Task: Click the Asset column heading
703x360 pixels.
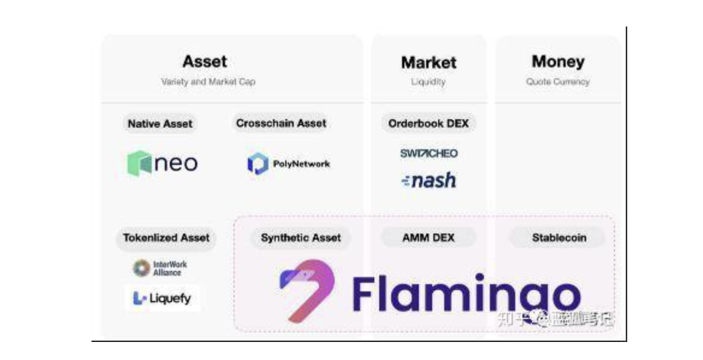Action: (x=205, y=61)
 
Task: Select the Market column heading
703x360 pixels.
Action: (x=429, y=62)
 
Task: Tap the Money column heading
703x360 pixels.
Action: (x=558, y=61)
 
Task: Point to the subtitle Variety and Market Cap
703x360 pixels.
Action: (x=208, y=82)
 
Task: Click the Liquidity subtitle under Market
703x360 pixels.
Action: (x=428, y=82)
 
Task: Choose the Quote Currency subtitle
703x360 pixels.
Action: (x=558, y=82)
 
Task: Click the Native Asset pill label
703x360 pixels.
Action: (x=160, y=124)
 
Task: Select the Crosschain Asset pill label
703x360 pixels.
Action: (x=281, y=123)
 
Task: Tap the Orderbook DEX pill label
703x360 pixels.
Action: (x=429, y=123)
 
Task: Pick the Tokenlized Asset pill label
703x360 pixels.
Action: (x=166, y=238)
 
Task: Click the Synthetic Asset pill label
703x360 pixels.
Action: (x=301, y=238)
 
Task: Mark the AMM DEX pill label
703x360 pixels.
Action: (x=428, y=238)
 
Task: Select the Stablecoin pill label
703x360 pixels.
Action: (x=559, y=238)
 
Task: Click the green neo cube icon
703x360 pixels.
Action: (x=139, y=163)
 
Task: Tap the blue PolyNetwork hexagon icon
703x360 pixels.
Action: (x=258, y=164)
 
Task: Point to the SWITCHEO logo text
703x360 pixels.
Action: (x=429, y=154)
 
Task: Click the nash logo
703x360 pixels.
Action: (x=429, y=180)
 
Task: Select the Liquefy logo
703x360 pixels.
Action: (x=161, y=298)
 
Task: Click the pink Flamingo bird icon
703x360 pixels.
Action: (x=306, y=288)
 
